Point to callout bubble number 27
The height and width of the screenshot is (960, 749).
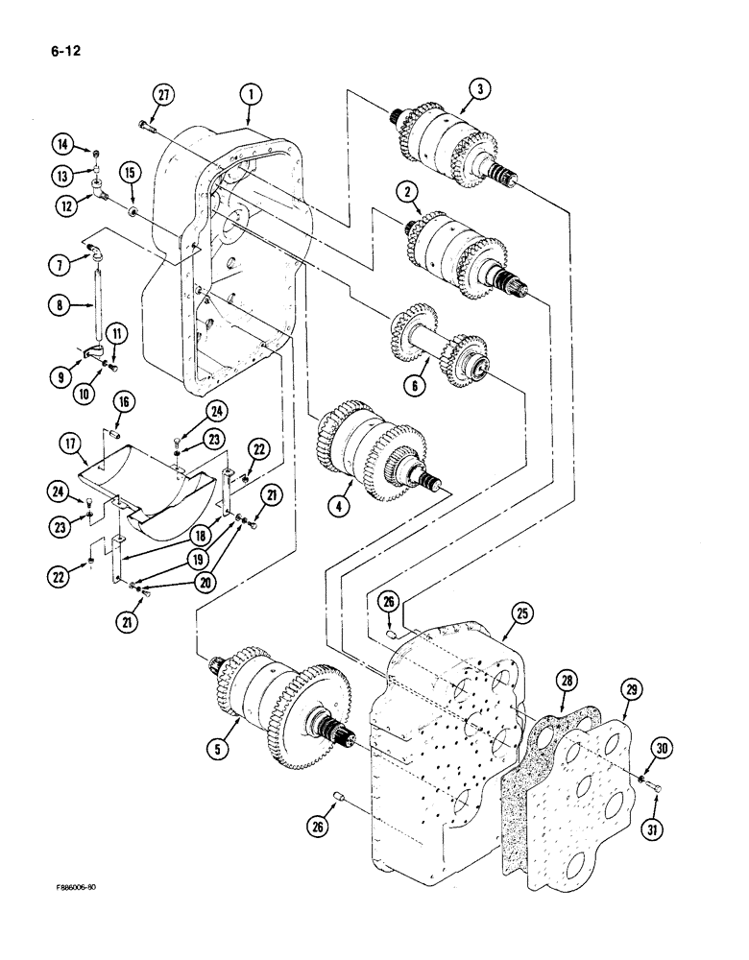click(x=162, y=94)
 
